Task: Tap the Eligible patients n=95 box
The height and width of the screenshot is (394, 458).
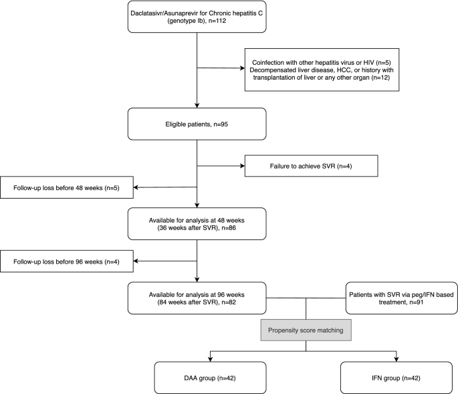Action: click(x=197, y=122)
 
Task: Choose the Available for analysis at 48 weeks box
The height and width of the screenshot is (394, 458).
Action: click(x=197, y=222)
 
